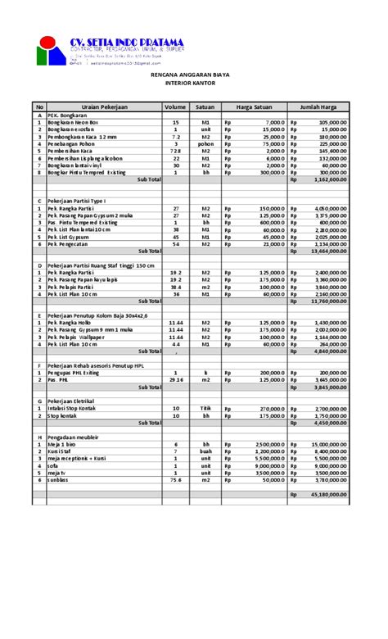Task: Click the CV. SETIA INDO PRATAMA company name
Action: click(126, 42)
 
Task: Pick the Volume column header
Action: click(175, 106)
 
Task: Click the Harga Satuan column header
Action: click(254, 106)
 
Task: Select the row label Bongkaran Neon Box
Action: click(72, 122)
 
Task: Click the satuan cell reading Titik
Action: click(206, 408)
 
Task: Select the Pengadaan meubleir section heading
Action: click(74, 437)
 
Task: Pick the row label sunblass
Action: click(60, 480)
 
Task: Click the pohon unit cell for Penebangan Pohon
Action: click(206, 143)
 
